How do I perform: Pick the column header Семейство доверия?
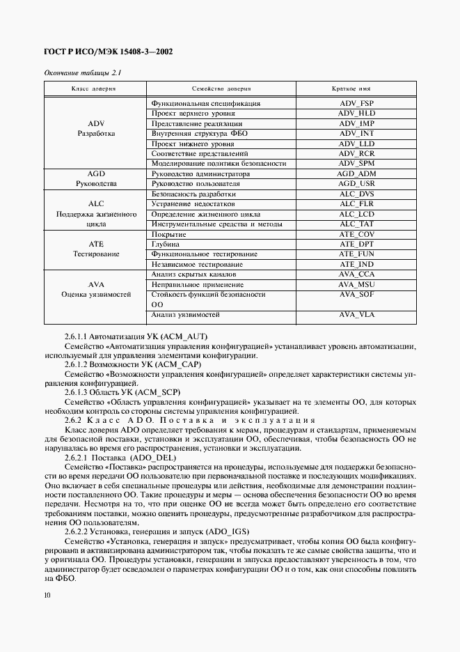[x=221, y=89]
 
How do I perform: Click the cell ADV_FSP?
[x=356, y=103]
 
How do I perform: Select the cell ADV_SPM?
[x=356, y=163]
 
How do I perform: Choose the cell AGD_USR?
[x=356, y=184]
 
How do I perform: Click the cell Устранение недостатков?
[x=193, y=204]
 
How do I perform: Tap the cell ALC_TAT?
[x=356, y=224]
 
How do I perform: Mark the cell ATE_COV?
[x=356, y=235]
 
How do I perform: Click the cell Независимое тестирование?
[x=197, y=265]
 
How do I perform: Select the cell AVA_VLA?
[x=356, y=315]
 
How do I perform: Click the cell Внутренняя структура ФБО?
[x=198, y=133]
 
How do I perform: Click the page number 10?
[x=46, y=595]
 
